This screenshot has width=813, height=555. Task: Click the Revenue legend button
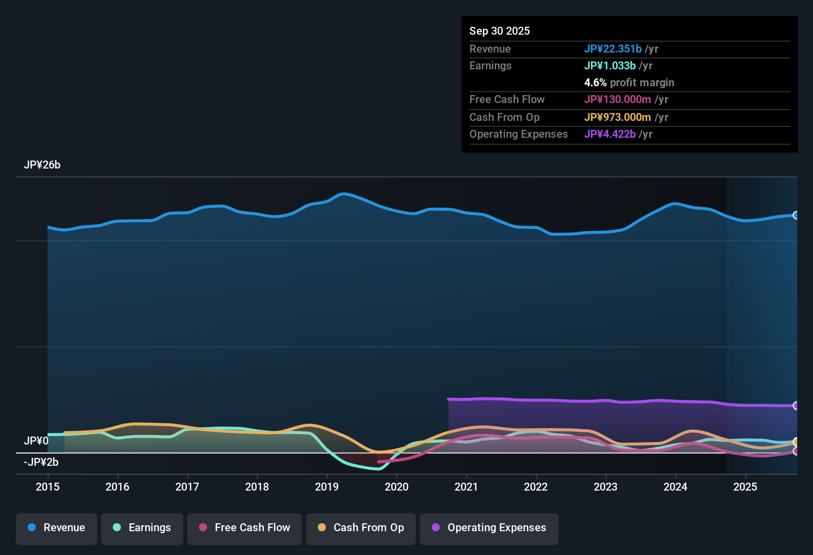pos(56,528)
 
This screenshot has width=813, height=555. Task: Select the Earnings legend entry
pos(142,528)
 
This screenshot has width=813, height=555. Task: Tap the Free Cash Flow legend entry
pos(245,528)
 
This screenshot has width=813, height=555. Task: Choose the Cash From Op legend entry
pos(361,528)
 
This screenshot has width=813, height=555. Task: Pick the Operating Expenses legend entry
pos(489,528)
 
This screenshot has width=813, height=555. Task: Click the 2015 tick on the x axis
pos(48,487)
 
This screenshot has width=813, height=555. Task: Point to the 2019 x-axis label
pos(327,487)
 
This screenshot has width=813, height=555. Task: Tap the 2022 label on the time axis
pos(536,487)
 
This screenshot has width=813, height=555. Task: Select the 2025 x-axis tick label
pos(745,487)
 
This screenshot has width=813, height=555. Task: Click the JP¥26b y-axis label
pos(42,165)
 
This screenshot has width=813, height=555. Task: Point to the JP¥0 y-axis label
pos(36,441)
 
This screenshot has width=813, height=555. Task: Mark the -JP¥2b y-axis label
pos(41,462)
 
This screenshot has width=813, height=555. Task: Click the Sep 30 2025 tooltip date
pos(500,31)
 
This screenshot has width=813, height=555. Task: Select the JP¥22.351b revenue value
pos(613,49)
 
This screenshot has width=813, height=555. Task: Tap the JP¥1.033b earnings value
pos(610,66)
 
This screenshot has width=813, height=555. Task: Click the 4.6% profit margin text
pos(629,83)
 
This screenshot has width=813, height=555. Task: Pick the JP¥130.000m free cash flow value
pos(617,100)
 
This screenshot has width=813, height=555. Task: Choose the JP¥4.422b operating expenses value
pos(610,134)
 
